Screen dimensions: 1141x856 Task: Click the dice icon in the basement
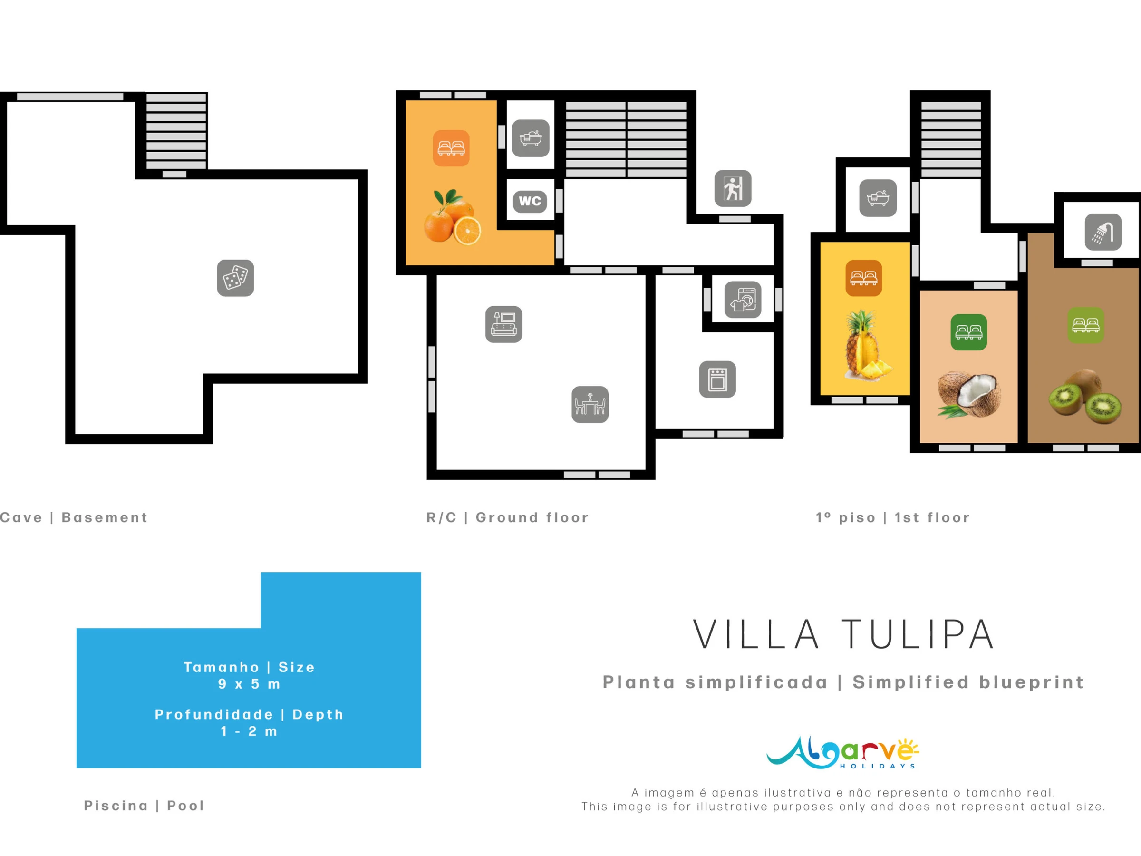pyautogui.click(x=235, y=278)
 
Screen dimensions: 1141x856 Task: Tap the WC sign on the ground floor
pyautogui.click(x=530, y=201)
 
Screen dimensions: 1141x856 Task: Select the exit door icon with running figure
pyautogui.click(x=733, y=188)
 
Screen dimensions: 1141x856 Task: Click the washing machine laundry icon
pyautogui.click(x=743, y=300)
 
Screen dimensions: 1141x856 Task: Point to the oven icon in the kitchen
pyautogui.click(x=717, y=379)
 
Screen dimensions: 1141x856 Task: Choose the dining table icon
pyautogui.click(x=590, y=405)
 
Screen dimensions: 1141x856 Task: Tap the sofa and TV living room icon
pyautogui.click(x=504, y=324)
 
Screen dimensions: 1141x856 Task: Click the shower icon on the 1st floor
pyautogui.click(x=1103, y=232)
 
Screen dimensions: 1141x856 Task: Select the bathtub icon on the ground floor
pyautogui.click(x=531, y=138)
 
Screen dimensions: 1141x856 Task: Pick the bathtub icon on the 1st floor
pyautogui.click(x=878, y=198)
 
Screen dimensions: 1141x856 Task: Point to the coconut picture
pyautogui.click(x=969, y=394)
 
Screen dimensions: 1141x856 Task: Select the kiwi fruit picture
pyautogui.click(x=1085, y=396)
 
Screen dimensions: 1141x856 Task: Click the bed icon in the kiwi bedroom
pyautogui.click(x=1086, y=325)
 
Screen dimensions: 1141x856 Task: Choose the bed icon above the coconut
pyautogui.click(x=969, y=332)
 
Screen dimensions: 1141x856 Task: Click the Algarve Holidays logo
pyautogui.click(x=843, y=753)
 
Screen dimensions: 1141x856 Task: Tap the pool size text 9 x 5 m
pyautogui.click(x=249, y=684)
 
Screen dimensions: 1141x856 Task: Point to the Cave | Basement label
pyautogui.click(x=74, y=517)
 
